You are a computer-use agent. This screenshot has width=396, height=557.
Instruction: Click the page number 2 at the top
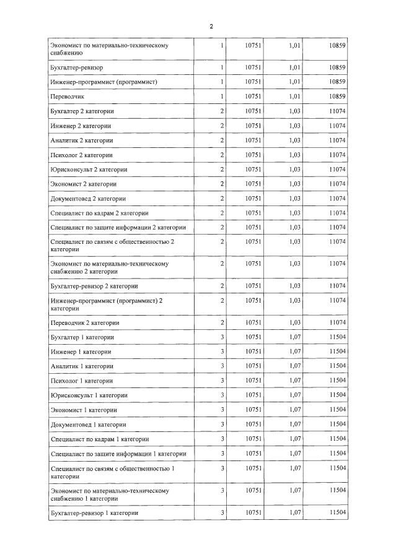211,26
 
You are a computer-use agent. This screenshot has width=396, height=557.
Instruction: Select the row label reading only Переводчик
67,97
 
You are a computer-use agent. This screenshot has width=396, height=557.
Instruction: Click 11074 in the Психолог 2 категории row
337,155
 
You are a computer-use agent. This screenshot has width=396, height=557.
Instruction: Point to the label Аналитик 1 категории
81,366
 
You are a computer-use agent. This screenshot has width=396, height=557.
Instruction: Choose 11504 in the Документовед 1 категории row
337,425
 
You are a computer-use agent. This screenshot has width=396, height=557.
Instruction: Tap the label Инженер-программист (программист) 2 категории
105,304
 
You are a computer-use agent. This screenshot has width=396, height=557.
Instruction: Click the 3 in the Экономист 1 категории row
222,410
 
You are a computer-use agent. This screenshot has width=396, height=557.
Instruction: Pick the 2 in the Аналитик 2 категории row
222,140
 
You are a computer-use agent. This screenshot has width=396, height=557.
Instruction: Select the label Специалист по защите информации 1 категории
118,454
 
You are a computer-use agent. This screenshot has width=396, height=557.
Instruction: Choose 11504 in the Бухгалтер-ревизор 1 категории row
337,512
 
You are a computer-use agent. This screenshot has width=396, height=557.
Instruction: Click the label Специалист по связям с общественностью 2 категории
112,245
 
